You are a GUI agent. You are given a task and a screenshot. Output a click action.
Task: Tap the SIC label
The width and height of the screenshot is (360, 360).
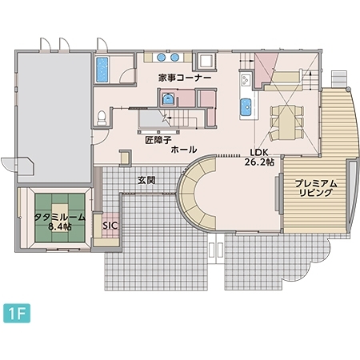pos(110,226)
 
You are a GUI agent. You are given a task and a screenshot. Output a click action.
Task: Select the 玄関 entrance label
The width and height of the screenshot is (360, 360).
pos(146,180)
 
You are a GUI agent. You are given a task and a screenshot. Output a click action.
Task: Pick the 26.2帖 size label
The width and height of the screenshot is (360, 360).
pos(259,162)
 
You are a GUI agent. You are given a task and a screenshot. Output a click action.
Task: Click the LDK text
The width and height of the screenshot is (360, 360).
pos(258,151)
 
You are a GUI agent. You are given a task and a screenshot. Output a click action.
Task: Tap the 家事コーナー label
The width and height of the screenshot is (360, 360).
pos(185,78)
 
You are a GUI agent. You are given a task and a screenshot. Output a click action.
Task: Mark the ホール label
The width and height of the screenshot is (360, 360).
pos(184,150)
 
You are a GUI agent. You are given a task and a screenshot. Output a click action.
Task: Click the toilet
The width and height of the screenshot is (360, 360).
pos(100,118)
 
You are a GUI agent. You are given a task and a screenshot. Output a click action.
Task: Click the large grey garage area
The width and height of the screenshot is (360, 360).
pos(52,112)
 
